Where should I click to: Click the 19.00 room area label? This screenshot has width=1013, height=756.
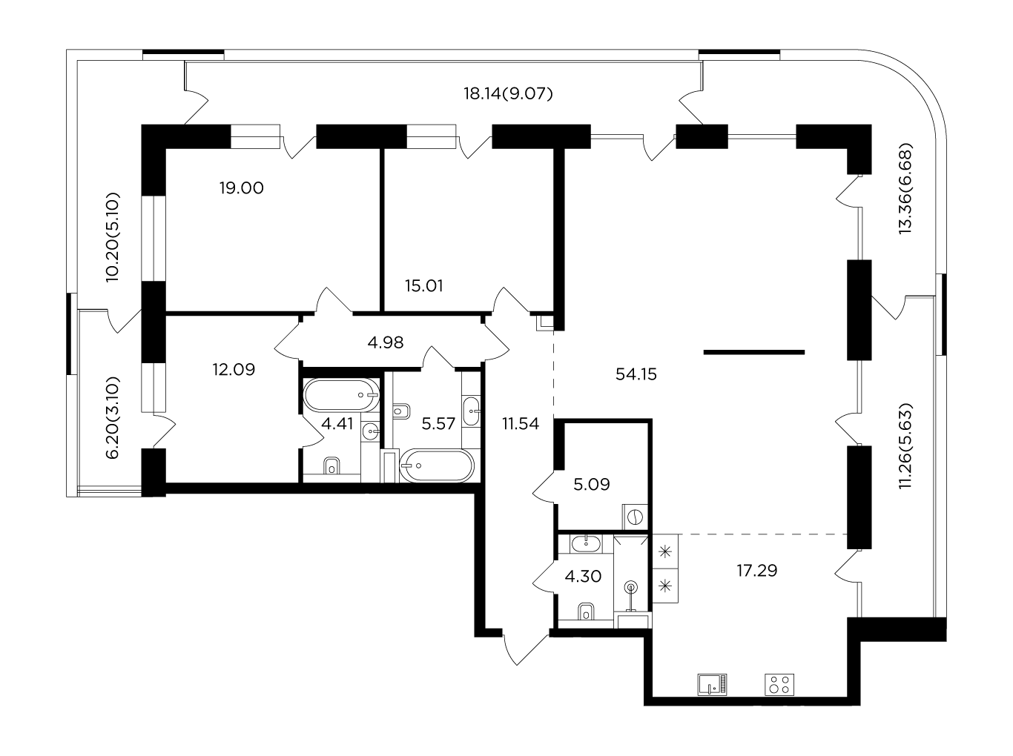point(241,188)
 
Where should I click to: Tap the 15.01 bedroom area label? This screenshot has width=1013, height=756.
point(424,286)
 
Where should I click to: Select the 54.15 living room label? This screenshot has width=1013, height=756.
point(636,374)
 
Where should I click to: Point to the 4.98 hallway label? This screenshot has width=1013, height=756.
point(386,342)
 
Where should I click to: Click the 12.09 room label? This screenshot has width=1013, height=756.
point(234,369)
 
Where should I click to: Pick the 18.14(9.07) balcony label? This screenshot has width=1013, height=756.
point(508,94)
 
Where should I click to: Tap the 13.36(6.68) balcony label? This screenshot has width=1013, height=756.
point(905,189)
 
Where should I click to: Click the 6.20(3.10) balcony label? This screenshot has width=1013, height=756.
point(113,418)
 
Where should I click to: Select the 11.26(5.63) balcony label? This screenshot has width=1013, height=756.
point(905,446)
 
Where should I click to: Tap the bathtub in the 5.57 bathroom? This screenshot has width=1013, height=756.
point(437,465)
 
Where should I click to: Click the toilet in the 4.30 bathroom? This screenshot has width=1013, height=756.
point(586,612)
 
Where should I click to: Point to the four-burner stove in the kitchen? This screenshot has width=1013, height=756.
point(779,685)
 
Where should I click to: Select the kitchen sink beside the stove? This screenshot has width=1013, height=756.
point(713,685)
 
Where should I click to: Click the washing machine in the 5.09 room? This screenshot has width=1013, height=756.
point(635,517)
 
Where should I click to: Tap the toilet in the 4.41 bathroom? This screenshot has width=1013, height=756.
point(331,466)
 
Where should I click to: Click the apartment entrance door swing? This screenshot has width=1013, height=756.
point(525,649)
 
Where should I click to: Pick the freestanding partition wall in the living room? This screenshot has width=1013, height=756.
point(754,352)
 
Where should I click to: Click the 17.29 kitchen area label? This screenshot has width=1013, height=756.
point(757,571)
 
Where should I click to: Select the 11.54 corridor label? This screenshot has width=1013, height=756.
point(521,423)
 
